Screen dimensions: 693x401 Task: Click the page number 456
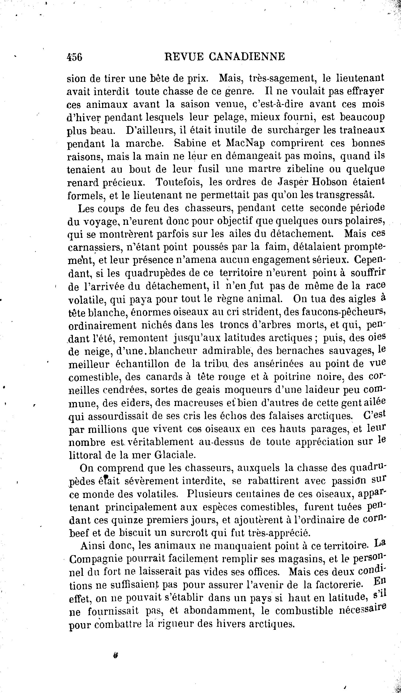coord(74,57)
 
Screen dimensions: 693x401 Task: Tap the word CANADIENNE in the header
coord(247,57)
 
